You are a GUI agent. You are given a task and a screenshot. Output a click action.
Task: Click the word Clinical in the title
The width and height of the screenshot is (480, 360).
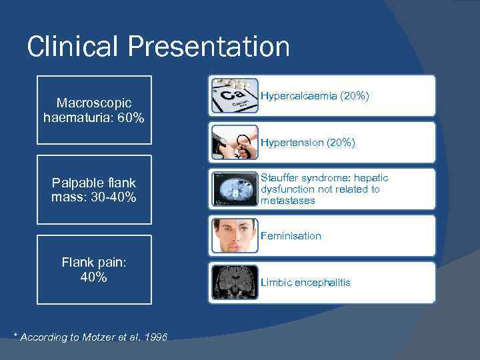click(x=72, y=47)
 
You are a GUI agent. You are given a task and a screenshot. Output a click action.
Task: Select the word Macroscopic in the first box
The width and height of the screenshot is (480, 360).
click(x=94, y=103)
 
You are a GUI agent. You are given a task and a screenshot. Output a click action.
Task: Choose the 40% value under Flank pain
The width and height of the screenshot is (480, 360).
click(x=94, y=277)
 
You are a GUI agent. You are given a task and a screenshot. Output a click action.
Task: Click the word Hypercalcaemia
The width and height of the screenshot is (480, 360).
click(x=298, y=96)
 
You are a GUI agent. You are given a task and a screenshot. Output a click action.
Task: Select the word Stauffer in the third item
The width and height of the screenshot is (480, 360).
click(x=279, y=178)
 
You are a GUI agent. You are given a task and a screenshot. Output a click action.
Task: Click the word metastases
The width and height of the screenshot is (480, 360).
click(x=288, y=201)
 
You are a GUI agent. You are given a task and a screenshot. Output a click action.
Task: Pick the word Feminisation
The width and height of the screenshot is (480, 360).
click(x=291, y=236)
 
